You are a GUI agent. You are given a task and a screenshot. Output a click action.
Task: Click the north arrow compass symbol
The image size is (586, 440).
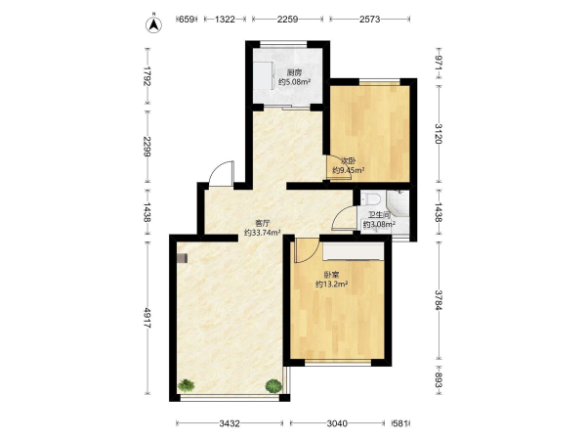pos(153,24)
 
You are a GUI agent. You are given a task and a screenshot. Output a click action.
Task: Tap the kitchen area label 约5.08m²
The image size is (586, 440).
pos(295,81)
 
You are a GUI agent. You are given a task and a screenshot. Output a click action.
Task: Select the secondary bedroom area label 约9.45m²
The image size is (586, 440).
pos(349,170)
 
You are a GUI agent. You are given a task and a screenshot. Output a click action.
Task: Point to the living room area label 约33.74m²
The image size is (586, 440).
pos(263,233)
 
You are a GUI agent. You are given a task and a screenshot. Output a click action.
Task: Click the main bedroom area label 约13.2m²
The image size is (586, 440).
pos(332,284)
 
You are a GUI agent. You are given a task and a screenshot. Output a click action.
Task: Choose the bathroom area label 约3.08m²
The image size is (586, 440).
pos(379,225)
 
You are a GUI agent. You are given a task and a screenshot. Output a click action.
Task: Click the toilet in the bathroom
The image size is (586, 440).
pos(371,198)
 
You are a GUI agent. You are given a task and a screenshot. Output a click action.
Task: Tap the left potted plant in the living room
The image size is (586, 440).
pos(187,385)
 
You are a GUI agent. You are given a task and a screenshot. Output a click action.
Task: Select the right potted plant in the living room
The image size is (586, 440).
pos(273,386)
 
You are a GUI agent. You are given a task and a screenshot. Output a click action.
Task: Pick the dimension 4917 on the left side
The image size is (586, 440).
pos(148,318)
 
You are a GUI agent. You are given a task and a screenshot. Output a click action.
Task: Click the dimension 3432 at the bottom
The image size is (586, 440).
pos(230,423)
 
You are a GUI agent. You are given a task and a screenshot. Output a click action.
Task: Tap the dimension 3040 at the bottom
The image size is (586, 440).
pos(337,423)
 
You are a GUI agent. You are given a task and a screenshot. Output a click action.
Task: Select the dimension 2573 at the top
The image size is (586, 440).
pos(369,20)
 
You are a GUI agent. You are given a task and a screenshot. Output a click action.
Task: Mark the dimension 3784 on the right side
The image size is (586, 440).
pos(439,300)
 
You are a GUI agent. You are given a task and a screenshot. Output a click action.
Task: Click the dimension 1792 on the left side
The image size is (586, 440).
pos(148,76)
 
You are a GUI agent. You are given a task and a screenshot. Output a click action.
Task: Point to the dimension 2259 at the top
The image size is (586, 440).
pos(287,20)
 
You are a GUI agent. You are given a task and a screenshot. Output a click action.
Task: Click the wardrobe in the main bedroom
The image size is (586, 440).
pos(354,251)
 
